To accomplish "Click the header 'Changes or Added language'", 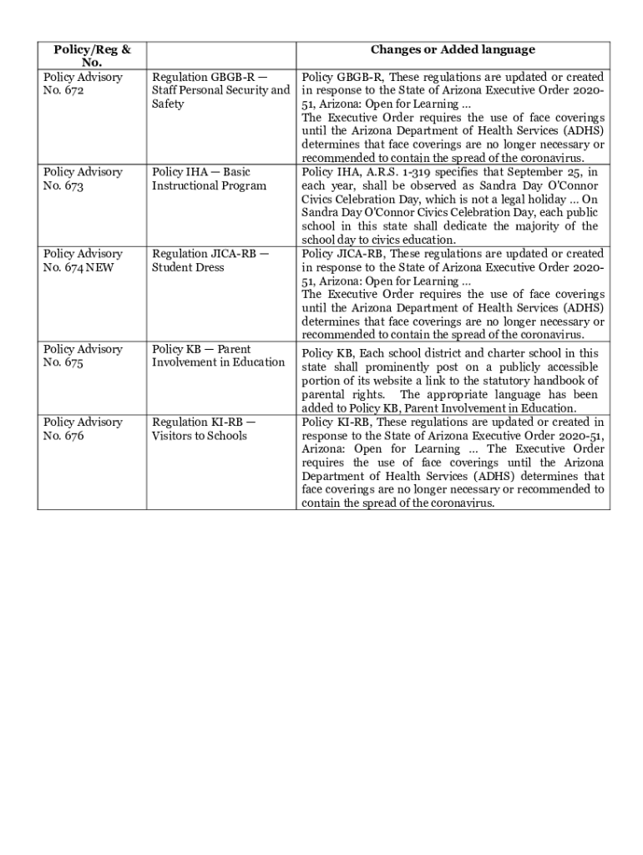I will click(453, 50).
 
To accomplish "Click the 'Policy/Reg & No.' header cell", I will click(92, 56).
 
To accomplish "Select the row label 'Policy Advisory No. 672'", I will click(83, 83).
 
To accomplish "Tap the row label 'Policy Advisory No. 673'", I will click(83, 179).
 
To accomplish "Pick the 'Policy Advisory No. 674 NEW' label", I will click(83, 261).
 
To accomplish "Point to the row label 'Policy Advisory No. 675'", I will click(83, 356).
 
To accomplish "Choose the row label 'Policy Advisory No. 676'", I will click(83, 428).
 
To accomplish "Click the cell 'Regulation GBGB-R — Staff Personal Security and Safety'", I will click(220, 90).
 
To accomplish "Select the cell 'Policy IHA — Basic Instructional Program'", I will click(209, 179).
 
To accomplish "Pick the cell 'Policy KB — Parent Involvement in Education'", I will click(218, 356).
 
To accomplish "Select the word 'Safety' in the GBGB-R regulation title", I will click(168, 104).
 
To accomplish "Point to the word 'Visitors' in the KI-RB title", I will click(174, 436).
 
